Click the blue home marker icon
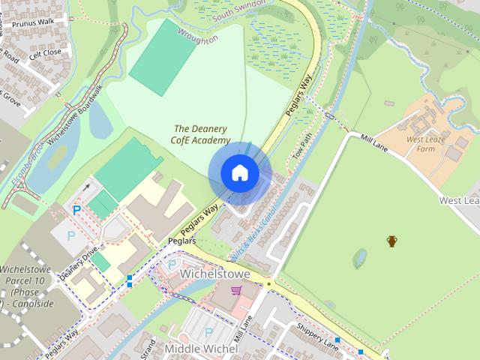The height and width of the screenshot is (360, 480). click(x=239, y=172)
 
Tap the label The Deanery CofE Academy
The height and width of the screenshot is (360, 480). click(x=201, y=134)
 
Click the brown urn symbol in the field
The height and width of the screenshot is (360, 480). click(x=391, y=241)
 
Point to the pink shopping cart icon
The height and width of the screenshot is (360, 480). click(x=236, y=290)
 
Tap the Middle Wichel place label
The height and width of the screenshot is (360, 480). click(x=200, y=349)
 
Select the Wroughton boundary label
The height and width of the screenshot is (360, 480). click(x=199, y=36)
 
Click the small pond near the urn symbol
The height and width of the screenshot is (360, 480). click(x=360, y=258)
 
